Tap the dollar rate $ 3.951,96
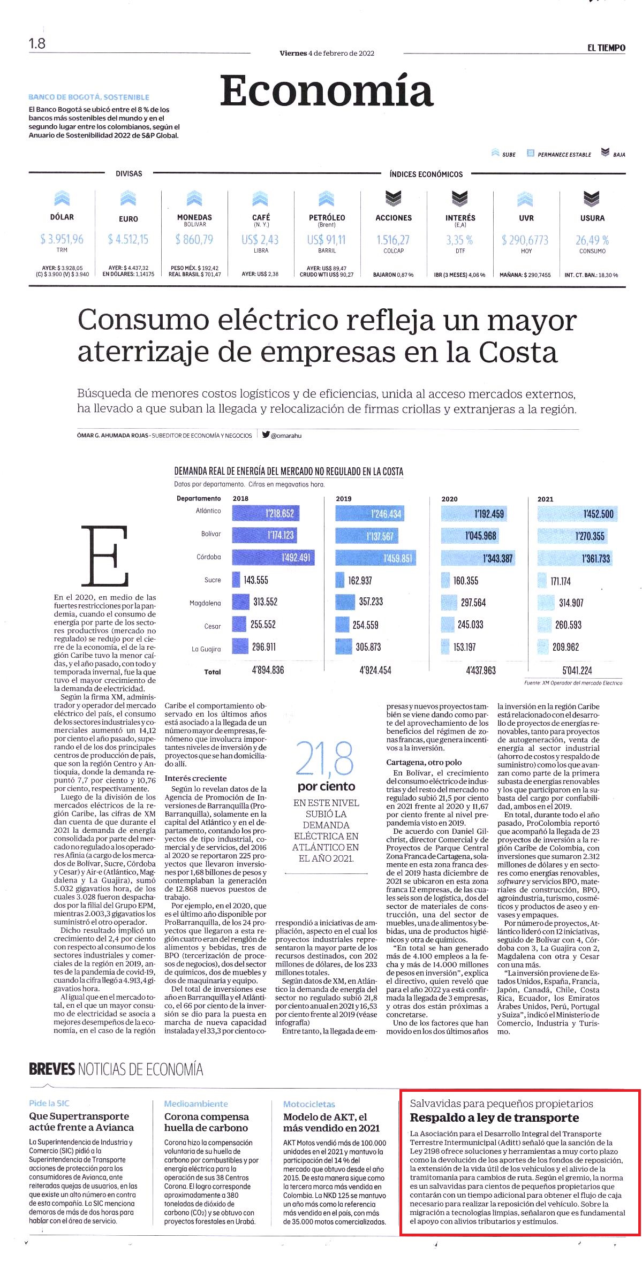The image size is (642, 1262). click(62, 239)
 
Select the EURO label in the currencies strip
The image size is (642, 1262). click(129, 219)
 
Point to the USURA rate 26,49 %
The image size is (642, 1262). click(592, 240)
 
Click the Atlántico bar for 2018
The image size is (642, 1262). click(266, 514)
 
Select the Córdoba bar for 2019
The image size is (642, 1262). click(376, 558)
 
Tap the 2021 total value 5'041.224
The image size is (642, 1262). click(577, 671)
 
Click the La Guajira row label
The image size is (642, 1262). click(206, 649)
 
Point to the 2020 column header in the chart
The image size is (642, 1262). click(450, 499)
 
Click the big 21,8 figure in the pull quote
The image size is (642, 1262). click(325, 759)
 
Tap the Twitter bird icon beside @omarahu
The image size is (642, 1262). click(266, 435)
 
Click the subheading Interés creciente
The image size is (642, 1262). click(195, 778)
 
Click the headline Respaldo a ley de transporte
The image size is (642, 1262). click(495, 1117)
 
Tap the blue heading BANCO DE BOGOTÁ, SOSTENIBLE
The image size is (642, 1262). click(89, 97)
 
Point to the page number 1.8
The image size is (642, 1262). click(37, 43)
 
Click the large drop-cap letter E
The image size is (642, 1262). click(105, 556)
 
